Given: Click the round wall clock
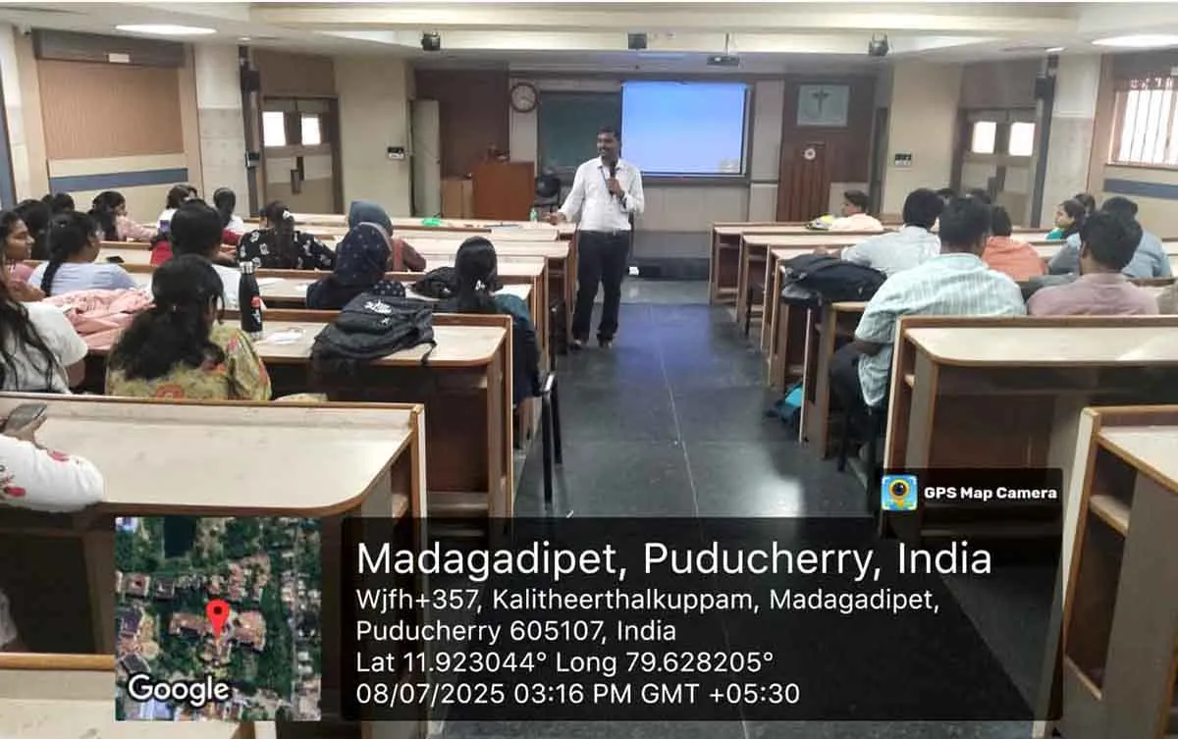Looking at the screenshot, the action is pos(523,97).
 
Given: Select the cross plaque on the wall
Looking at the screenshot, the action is pos(823,106).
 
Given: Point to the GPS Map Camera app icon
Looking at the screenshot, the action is pos(899,493).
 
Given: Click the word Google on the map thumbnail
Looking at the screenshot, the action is pos(179,689).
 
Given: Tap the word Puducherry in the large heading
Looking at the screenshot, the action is pos(757,559).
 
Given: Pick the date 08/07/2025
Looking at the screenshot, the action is pos(430,693).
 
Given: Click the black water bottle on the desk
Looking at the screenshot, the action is pos(250,299).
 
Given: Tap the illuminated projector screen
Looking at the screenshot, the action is pos(684,129).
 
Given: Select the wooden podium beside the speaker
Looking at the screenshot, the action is pos(503,190).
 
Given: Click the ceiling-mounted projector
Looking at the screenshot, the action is pos(723,61).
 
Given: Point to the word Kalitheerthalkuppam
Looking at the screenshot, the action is pos(622,602).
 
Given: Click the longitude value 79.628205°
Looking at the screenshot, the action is pos(699,662).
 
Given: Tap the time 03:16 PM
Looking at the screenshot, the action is pos(572,693).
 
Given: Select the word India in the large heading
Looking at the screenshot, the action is pos(944,558).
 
